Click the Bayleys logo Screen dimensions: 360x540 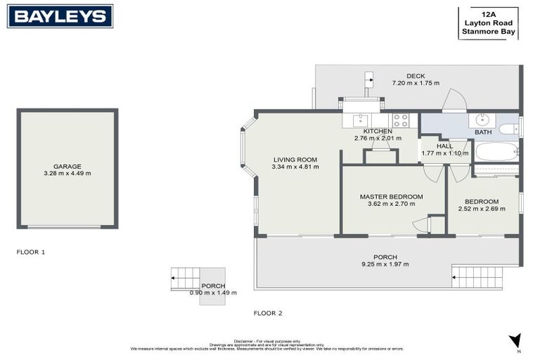point(60,16)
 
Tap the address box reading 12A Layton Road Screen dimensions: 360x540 point(489,22)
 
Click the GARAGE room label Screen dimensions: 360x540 point(67,167)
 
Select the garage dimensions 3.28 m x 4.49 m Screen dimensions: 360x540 point(67,174)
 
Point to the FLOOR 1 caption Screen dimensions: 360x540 point(31,251)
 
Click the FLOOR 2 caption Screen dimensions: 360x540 point(268,313)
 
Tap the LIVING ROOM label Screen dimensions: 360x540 point(295,160)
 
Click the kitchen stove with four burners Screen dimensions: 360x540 point(400,120)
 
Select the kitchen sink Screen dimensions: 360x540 point(360,120)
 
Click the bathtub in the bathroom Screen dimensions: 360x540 point(496,151)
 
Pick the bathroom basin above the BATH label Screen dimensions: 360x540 point(483,119)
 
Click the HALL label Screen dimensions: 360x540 point(444,146)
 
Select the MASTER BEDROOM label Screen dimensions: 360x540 point(391,197)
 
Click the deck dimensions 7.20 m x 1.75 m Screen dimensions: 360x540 point(416,84)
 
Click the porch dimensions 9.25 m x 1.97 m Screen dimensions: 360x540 point(385,264)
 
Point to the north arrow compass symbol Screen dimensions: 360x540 point(514,341)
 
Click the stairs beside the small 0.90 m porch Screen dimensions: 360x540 point(185,278)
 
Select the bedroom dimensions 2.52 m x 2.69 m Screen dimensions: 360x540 point(482,209)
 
